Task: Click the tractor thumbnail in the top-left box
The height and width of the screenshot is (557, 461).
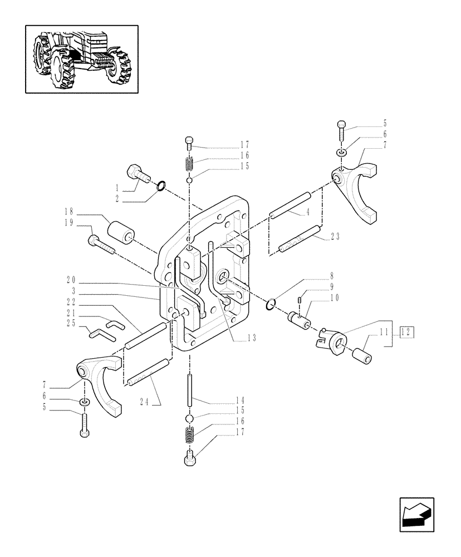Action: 81,58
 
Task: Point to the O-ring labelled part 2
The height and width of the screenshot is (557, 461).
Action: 160,185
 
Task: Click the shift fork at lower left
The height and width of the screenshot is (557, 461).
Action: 100,384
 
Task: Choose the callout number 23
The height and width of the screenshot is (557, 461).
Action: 335,236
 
